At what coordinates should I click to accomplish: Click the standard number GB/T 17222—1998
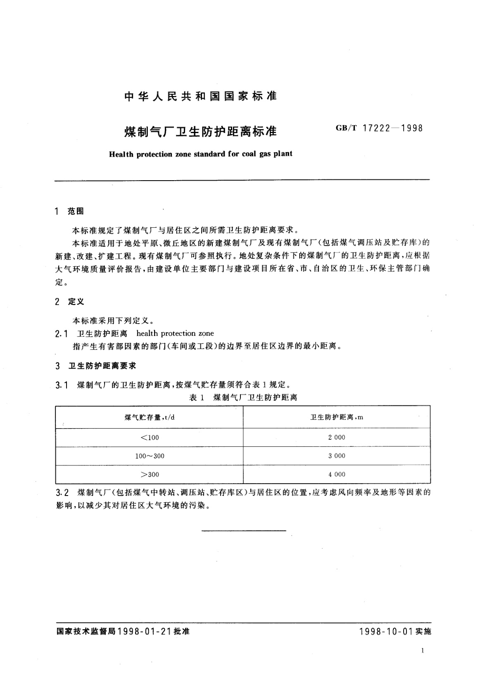[379, 128]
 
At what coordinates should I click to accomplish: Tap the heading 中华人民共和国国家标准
[200, 97]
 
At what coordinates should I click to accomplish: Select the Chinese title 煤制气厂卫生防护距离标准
[200, 131]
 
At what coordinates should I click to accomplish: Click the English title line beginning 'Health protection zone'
[200, 154]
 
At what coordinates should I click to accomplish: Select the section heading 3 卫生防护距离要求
[96, 366]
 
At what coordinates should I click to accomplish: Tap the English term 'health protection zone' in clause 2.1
[175, 333]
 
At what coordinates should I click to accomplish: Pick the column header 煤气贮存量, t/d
[150, 417]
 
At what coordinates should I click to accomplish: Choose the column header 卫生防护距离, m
[337, 417]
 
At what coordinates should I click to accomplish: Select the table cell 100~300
[150, 456]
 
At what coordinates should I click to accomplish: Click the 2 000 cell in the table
[337, 437]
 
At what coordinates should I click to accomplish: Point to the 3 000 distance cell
[337, 456]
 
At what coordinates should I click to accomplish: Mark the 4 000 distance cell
[337, 474]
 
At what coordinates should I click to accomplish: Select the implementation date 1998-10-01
[386, 632]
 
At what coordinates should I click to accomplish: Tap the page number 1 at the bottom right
[422, 651]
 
